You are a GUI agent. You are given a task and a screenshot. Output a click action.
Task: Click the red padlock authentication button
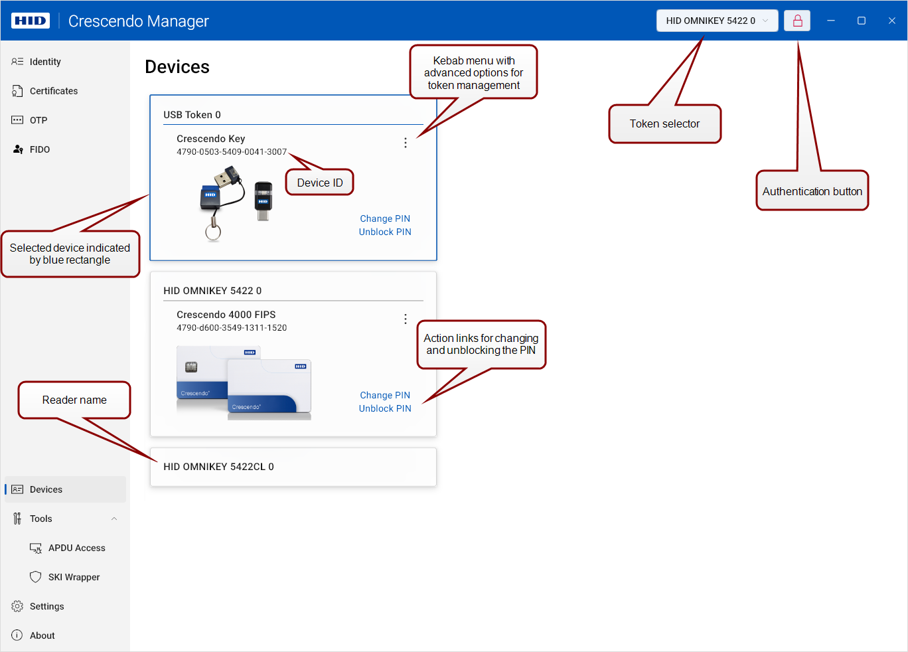pyautogui.click(x=797, y=21)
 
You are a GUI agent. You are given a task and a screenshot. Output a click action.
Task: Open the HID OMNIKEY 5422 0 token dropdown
pyautogui.click(x=717, y=21)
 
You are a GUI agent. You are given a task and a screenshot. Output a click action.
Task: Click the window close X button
pyautogui.click(x=892, y=21)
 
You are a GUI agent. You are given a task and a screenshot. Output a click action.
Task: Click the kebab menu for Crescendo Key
pyautogui.click(x=406, y=143)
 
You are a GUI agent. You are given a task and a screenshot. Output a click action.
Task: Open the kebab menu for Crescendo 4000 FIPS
pyautogui.click(x=406, y=319)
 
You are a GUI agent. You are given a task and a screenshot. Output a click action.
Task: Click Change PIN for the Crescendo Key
pyautogui.click(x=385, y=218)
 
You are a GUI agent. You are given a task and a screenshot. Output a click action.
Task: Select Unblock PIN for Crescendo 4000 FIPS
pyautogui.click(x=385, y=408)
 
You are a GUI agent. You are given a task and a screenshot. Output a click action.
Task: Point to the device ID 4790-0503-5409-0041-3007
pyautogui.click(x=232, y=151)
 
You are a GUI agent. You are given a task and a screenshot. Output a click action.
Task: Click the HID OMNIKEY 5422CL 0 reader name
pyautogui.click(x=218, y=467)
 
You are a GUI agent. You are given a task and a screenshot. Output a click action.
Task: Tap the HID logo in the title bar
pyautogui.click(x=31, y=21)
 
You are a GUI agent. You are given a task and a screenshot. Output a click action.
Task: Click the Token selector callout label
pyautogui.click(x=664, y=123)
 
